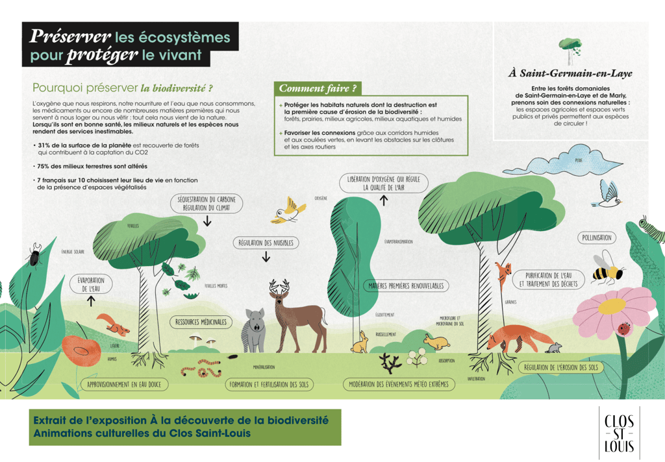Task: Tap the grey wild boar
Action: (253, 327)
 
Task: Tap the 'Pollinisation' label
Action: (597, 238)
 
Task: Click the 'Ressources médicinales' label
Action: (201, 322)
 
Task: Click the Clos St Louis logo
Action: (619, 433)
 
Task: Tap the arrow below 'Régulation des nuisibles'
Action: (266, 258)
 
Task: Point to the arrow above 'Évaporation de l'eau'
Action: (92, 301)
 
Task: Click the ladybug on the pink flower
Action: (624, 328)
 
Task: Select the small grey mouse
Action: (554, 348)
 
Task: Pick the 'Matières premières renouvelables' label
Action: (406, 286)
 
